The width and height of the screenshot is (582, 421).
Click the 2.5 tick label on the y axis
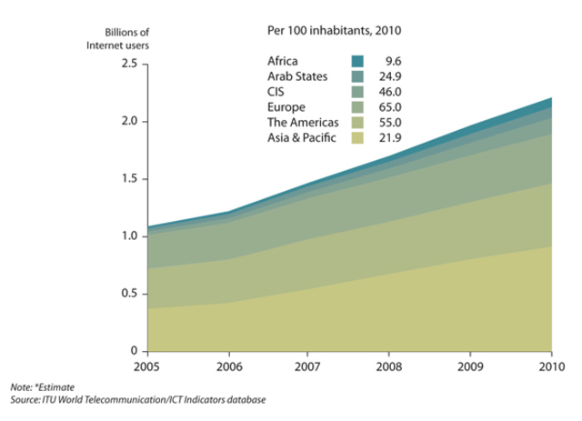click(126, 64)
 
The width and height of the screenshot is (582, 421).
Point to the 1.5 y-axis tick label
click(126, 178)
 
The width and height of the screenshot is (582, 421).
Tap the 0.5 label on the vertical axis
click(126, 294)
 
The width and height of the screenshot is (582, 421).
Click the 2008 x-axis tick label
click(390, 368)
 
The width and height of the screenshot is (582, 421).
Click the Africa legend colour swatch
click(357, 62)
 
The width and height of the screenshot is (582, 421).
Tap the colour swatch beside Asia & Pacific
click(357, 138)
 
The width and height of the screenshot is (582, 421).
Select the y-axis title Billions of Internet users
click(117, 38)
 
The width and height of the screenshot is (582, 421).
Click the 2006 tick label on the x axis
click(227, 368)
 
